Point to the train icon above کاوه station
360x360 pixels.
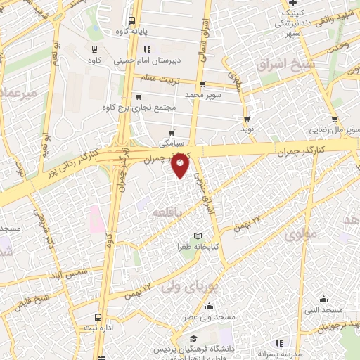click(x=94, y=49)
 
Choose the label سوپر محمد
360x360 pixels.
click(x=204, y=94)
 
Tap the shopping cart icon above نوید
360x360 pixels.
click(x=247, y=119)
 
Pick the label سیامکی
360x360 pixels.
click(x=172, y=141)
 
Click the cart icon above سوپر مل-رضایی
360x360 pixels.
click(x=335, y=119)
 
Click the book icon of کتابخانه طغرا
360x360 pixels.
click(x=198, y=235)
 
